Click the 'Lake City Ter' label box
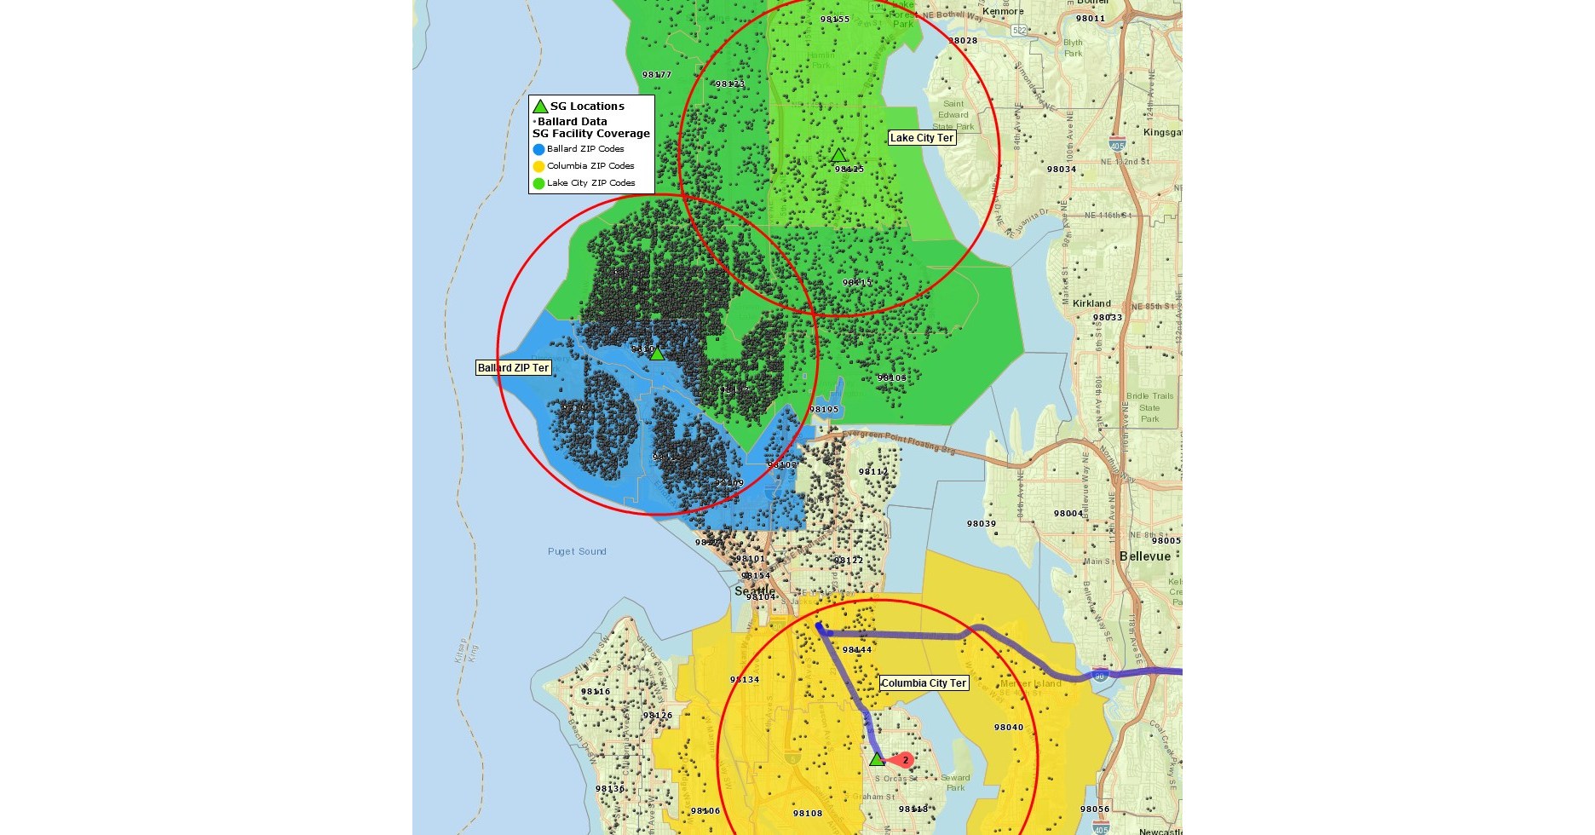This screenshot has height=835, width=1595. (x=921, y=138)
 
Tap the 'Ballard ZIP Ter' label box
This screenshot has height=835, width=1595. (x=513, y=368)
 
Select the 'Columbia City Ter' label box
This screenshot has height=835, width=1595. (x=924, y=683)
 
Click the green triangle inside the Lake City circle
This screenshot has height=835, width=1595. (x=838, y=155)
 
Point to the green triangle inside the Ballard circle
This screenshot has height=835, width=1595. (x=657, y=353)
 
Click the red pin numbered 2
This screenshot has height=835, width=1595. (x=904, y=759)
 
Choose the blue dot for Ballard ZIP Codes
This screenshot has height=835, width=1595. (x=538, y=149)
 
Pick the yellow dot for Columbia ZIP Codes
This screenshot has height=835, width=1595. (x=538, y=166)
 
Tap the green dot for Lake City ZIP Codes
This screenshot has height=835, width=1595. (x=538, y=183)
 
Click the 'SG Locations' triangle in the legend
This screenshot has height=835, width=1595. (x=540, y=107)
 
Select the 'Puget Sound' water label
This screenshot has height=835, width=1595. (x=577, y=551)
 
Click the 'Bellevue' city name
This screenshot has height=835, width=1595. (x=1144, y=556)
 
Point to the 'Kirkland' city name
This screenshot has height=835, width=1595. (x=1091, y=303)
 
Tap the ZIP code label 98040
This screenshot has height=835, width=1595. (x=1009, y=728)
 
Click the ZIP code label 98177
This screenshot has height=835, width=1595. (x=657, y=75)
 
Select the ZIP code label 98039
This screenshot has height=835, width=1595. (x=982, y=524)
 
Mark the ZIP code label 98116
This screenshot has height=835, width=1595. (x=596, y=692)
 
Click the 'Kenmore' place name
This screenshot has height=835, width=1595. (x=1003, y=12)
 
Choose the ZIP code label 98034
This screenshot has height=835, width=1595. (x=1062, y=170)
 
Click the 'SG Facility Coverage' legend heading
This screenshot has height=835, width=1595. (x=591, y=134)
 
